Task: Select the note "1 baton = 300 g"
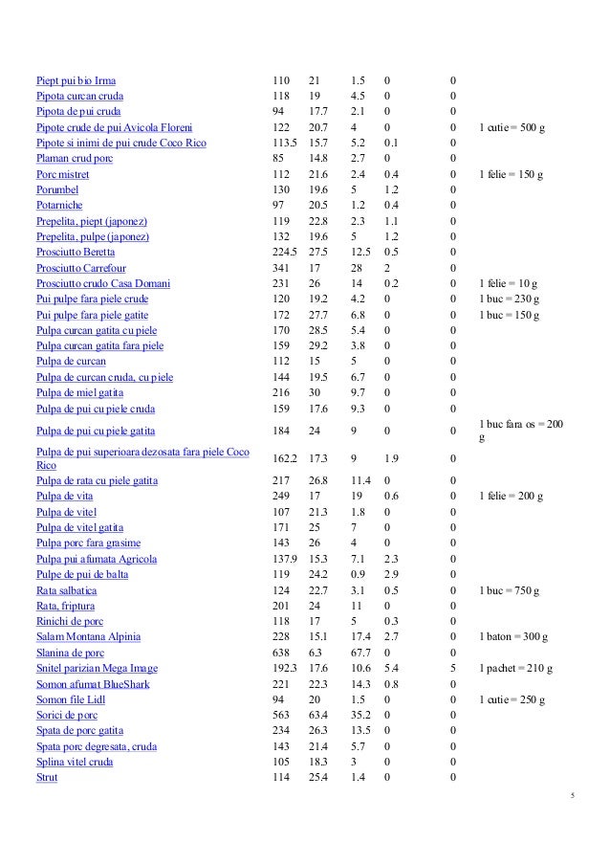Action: coord(512,637)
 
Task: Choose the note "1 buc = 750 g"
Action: coord(509,590)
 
